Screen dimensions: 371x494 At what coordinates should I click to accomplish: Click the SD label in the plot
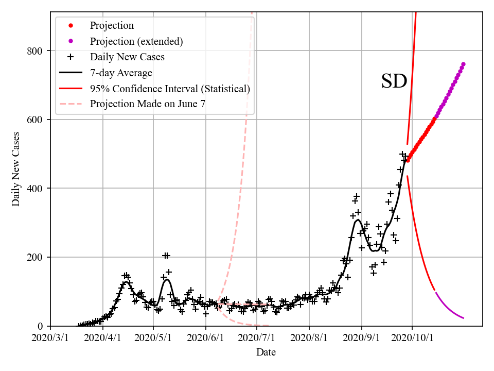(394, 81)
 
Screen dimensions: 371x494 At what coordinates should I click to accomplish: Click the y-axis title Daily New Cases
(16, 169)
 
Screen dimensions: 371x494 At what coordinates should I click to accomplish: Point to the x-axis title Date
(266, 352)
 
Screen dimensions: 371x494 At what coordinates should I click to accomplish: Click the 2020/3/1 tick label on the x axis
(50, 338)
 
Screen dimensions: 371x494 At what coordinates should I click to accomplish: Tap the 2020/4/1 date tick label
(102, 338)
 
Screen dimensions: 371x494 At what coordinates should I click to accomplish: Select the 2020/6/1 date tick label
(206, 338)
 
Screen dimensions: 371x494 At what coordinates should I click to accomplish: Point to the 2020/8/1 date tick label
(309, 338)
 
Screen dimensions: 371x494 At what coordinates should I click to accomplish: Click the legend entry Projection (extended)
(136, 41)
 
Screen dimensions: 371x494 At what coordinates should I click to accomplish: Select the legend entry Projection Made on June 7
(148, 104)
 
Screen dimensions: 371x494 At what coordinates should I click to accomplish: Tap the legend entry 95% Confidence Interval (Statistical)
(170, 89)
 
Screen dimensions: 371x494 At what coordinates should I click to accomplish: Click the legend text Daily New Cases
(127, 57)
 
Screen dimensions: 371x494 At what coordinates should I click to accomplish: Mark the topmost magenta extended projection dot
(463, 64)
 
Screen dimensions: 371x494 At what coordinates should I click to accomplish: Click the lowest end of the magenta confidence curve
(464, 318)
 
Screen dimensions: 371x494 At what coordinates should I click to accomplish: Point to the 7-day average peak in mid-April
(126, 282)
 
